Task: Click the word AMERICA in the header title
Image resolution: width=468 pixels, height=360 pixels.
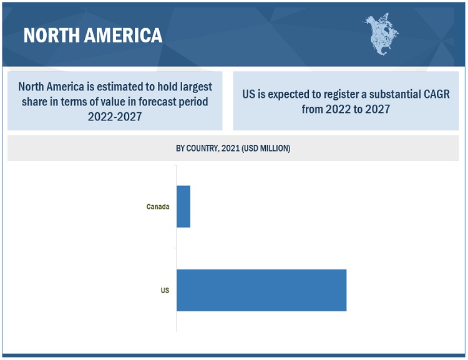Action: (121, 35)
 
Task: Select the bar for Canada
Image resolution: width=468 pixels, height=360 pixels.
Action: (183, 207)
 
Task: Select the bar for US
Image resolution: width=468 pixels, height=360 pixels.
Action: (261, 290)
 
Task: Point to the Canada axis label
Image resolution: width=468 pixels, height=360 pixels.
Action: (158, 207)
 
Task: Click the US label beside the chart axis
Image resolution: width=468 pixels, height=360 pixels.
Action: (165, 290)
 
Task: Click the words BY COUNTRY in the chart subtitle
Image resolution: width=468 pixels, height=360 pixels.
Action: (197, 148)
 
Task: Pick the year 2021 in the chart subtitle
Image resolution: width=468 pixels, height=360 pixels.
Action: (231, 148)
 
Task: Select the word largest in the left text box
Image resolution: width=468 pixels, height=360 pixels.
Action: (192, 87)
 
